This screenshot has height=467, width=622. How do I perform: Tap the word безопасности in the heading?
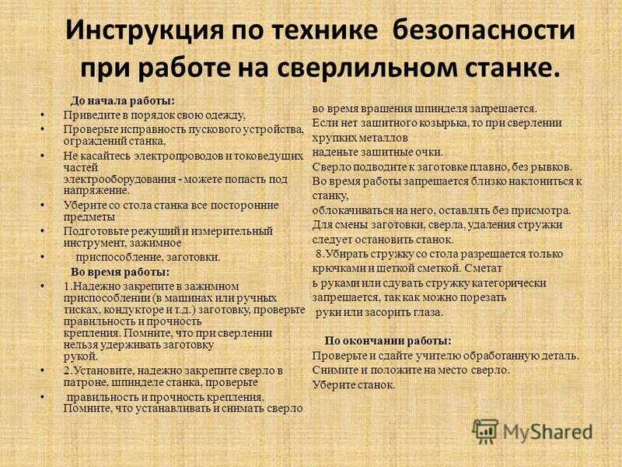pos(484,30)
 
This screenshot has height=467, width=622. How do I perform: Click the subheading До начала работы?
pos(123,101)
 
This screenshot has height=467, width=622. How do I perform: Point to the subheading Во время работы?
pos(121,272)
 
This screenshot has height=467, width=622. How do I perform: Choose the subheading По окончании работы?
pos(388,341)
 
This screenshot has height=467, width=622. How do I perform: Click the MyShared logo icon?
pos(484,432)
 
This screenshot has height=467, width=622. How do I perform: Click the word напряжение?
pos(96,191)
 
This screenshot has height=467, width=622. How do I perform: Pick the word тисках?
pos(79,309)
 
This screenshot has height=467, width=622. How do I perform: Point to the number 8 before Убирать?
pos(319,255)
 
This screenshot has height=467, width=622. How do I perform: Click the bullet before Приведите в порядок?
pos(42,115)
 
